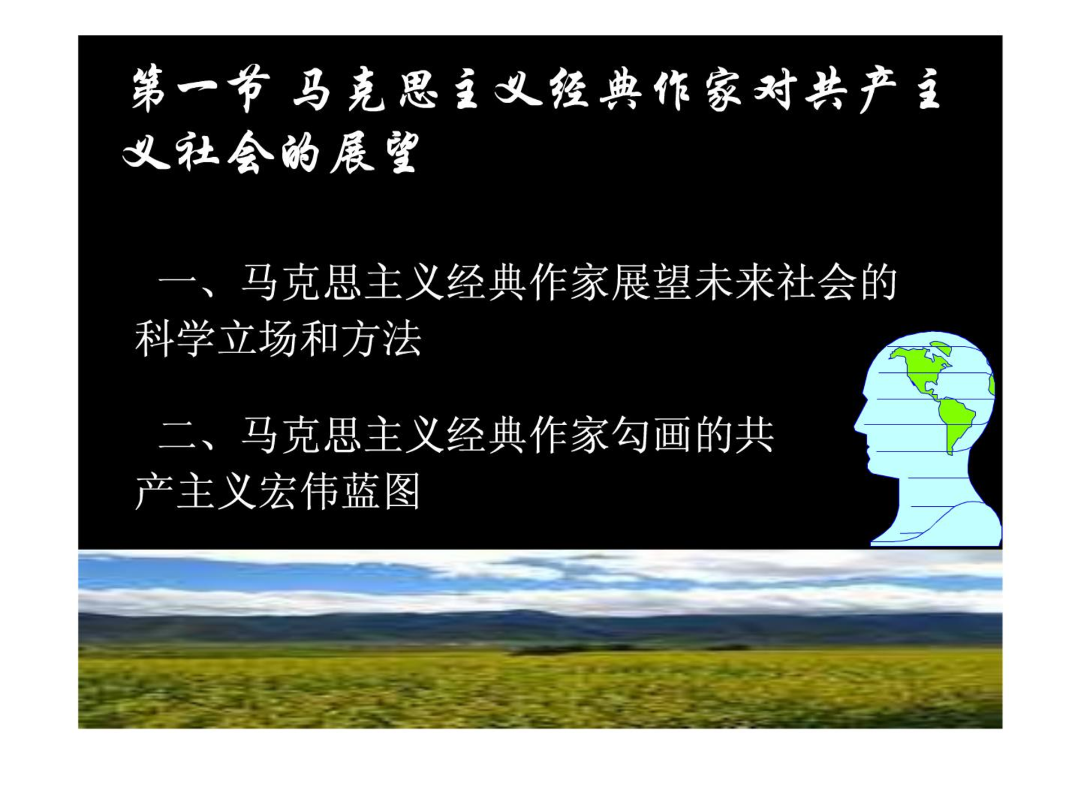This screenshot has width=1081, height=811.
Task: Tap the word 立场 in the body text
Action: tap(257, 339)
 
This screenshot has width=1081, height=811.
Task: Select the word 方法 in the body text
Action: tap(381, 339)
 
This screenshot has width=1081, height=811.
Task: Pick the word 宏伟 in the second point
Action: tap(298, 492)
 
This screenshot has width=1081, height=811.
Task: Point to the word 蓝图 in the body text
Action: tap(381, 492)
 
